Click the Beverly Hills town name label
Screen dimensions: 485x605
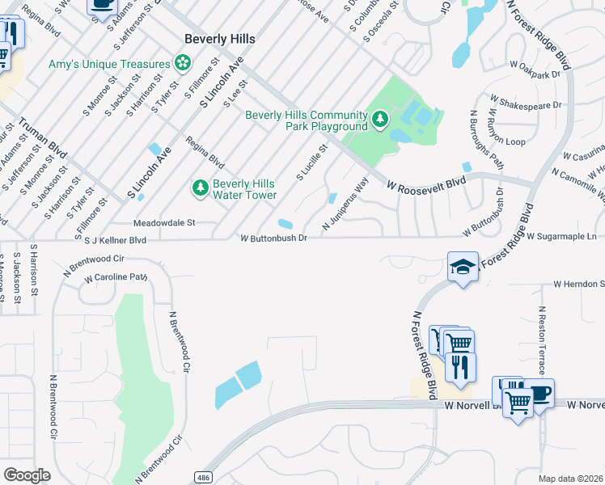[x=220, y=39]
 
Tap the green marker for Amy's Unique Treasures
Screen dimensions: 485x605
[x=184, y=63]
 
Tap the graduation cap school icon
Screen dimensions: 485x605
[x=463, y=268]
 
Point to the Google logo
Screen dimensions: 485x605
[x=27, y=474]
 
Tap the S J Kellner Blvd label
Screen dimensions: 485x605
[x=116, y=240]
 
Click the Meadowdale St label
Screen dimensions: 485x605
[x=165, y=222]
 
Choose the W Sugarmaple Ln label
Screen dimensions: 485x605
[x=565, y=237]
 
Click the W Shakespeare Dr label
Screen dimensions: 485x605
[x=525, y=105]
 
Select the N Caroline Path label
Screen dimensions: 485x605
[x=116, y=277]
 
